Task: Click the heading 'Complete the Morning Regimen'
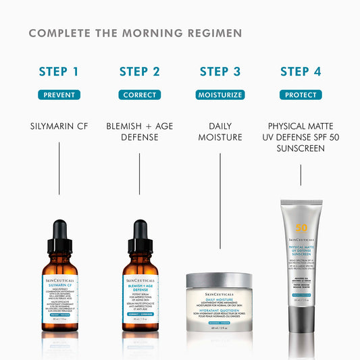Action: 135,33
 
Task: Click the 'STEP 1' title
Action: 59,72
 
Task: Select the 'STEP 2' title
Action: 140,72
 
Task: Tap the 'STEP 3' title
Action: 220,72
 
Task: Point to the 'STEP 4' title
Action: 301,72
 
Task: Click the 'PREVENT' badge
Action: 59,95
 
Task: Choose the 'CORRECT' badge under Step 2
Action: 140,95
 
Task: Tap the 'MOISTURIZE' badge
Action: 220,95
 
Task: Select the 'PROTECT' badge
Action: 301,95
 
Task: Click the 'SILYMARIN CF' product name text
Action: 59,126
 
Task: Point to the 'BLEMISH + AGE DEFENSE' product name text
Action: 140,131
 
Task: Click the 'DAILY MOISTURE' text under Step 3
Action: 220,131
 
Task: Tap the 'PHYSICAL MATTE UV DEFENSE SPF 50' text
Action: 301,136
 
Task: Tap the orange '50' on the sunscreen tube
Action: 301,228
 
